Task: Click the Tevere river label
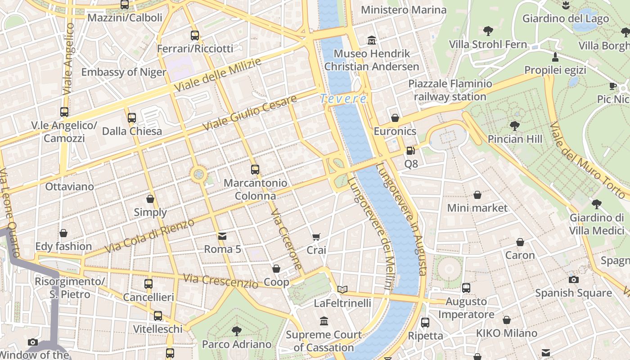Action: pos(343,99)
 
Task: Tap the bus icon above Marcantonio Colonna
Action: pos(255,170)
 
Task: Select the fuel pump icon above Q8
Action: pos(410,151)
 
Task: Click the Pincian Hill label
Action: pos(515,139)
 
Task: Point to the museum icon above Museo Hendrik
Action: pos(372,40)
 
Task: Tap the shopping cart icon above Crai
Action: pos(316,237)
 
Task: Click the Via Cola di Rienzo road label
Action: pos(149,235)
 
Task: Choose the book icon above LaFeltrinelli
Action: pos(342,289)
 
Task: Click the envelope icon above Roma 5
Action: pos(222,236)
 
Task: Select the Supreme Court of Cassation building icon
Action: pos(324,321)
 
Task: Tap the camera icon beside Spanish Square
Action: pos(573,279)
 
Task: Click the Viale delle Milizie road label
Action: pos(218,74)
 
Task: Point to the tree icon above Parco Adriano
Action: pos(237,331)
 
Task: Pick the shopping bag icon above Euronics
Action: pos(395,118)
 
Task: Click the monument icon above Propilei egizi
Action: pos(555,57)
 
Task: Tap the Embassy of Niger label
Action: pos(124,72)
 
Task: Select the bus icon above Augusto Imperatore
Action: pos(466,288)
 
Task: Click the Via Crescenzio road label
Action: pos(220,281)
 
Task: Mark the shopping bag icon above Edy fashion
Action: pos(63,233)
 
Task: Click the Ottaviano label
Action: pos(70,186)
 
